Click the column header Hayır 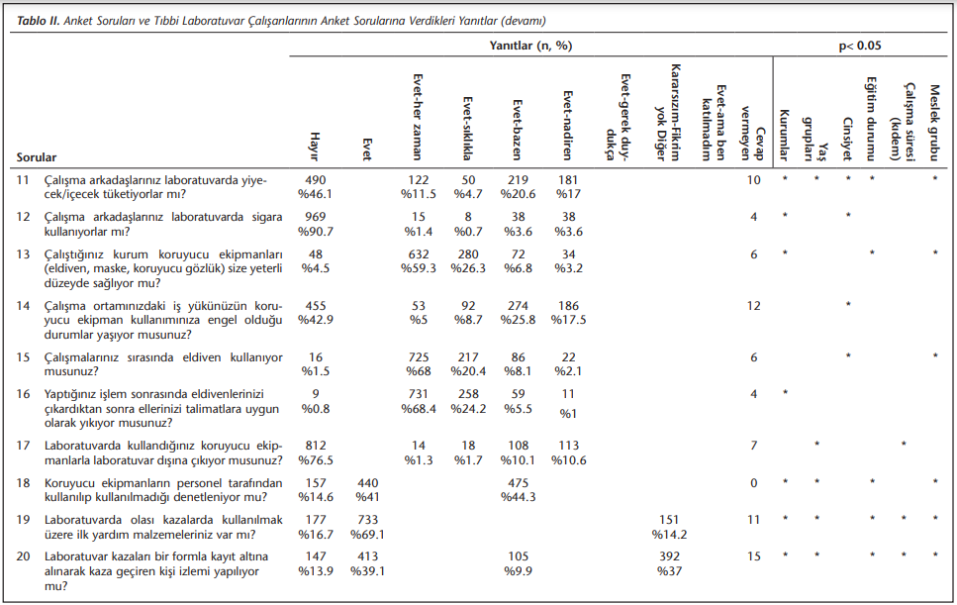pyautogui.click(x=315, y=147)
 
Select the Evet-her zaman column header pyautogui.click(x=418, y=118)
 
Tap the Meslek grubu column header pyautogui.click(x=934, y=124)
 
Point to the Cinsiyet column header pyautogui.click(x=847, y=140)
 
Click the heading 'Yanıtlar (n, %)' pyautogui.click(x=531, y=46)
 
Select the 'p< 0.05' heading pyautogui.click(x=860, y=46)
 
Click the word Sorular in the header pyautogui.click(x=37, y=157)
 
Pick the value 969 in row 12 pyautogui.click(x=316, y=217)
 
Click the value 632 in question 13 pyautogui.click(x=419, y=253)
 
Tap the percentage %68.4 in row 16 pyautogui.click(x=419, y=409)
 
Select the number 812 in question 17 pyautogui.click(x=316, y=446)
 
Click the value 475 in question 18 pyautogui.click(x=519, y=483)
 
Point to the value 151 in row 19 pyautogui.click(x=669, y=520)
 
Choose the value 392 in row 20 pyautogui.click(x=670, y=556)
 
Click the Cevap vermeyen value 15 pyautogui.click(x=754, y=556)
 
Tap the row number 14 pyautogui.click(x=23, y=305)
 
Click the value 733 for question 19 pyautogui.click(x=368, y=520)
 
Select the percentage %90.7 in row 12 pyautogui.click(x=316, y=232)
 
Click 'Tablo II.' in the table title pyautogui.click(x=39, y=21)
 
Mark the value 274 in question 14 pyautogui.click(x=519, y=305)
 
